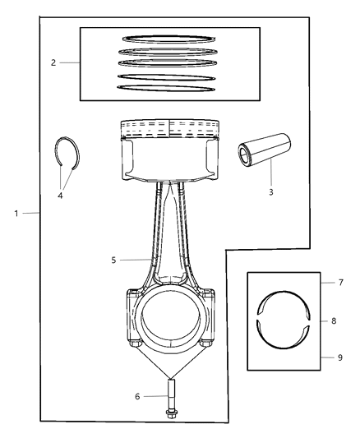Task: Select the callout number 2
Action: pos(53,62)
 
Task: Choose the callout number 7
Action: pos(329,283)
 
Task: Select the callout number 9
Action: pos(329,357)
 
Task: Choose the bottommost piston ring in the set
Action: pos(168,87)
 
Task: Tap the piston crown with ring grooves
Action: pos(170,131)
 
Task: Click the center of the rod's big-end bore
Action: pos(170,321)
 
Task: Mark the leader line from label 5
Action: pos(136,260)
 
